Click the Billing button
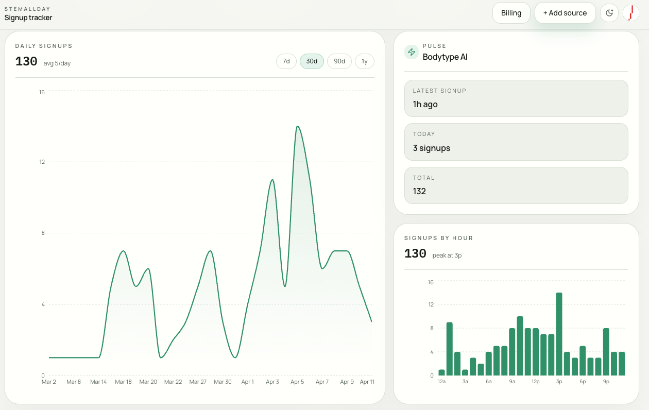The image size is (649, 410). pyautogui.click(x=511, y=13)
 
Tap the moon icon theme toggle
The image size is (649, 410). pyautogui.click(x=609, y=13)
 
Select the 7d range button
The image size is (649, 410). pyautogui.click(x=286, y=61)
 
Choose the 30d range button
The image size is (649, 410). pyautogui.click(x=312, y=61)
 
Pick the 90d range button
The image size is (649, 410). pyautogui.click(x=339, y=61)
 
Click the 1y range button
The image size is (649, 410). pyautogui.click(x=364, y=61)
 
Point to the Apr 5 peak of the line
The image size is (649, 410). pyautogui.click(x=297, y=126)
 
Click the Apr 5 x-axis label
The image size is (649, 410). pyautogui.click(x=297, y=382)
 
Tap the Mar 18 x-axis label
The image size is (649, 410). pyautogui.click(x=124, y=382)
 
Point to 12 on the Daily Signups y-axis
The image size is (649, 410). pyautogui.click(x=42, y=162)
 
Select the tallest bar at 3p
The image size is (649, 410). pyautogui.click(x=559, y=334)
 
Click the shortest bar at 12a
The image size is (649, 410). pyautogui.click(x=441, y=372)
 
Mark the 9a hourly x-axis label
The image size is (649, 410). pyautogui.click(x=512, y=382)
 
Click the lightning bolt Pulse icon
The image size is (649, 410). pyautogui.click(x=412, y=52)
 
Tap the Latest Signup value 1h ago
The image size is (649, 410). pyautogui.click(x=425, y=104)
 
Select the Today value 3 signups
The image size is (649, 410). pyautogui.click(x=432, y=148)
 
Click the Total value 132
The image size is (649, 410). pyautogui.click(x=419, y=191)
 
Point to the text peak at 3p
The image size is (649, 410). pyautogui.click(x=447, y=255)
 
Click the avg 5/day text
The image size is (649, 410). pyautogui.click(x=57, y=63)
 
